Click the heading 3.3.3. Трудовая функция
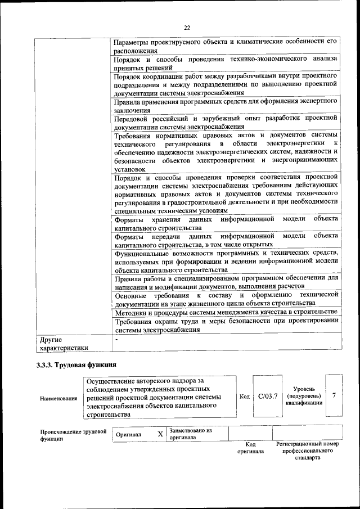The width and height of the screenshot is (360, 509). (76, 364)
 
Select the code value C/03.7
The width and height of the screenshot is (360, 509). (268, 397)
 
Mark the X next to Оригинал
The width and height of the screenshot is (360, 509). (160, 434)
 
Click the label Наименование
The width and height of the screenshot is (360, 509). (59, 398)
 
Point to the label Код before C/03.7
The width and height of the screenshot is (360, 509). (245, 397)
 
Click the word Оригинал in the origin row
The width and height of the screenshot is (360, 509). (129, 435)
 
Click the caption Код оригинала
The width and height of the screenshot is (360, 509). (250, 448)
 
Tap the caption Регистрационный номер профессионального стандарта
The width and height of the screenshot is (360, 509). (308, 451)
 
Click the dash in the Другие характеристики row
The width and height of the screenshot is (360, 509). (116, 340)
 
